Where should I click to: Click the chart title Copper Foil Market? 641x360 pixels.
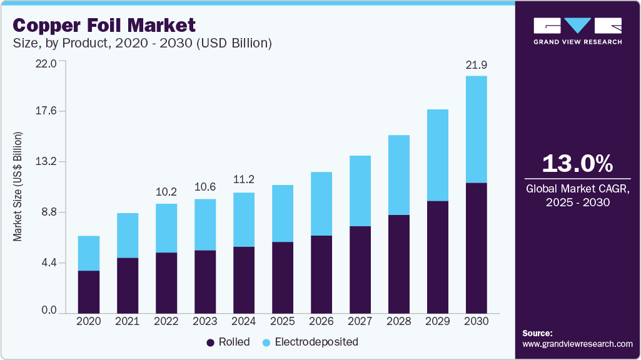tap(104, 25)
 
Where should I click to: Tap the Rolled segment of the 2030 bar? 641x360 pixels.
tap(476, 247)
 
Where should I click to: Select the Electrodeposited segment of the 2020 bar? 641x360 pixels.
tap(88, 253)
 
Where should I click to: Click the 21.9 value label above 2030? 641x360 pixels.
tap(476, 65)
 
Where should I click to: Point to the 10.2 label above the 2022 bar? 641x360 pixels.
tap(166, 192)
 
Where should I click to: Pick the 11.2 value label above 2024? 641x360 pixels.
tap(243, 180)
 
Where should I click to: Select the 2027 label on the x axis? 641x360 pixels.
tap(360, 321)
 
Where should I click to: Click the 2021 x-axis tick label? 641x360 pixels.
tap(127, 321)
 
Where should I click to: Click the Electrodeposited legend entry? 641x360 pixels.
tap(310, 342)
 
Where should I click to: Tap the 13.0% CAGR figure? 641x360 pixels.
tap(577, 164)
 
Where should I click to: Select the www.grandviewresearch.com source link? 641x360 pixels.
tap(577, 344)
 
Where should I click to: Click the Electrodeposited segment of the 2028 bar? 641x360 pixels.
tap(398, 175)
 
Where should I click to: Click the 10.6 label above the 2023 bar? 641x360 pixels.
tap(204, 187)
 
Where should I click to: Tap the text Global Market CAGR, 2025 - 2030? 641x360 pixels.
tap(577, 195)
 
